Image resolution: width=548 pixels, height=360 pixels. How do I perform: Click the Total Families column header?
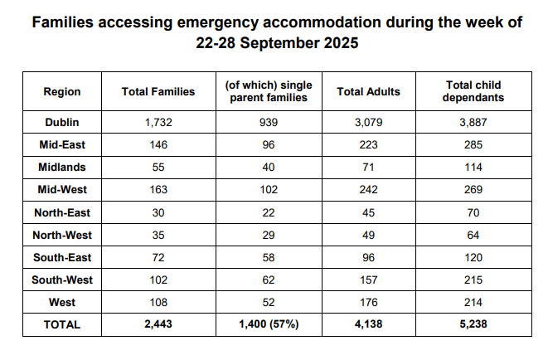(x=158, y=91)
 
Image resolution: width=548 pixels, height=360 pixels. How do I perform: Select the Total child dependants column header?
(x=473, y=91)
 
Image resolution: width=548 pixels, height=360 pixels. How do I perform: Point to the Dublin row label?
(x=62, y=122)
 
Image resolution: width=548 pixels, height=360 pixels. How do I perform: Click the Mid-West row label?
(x=62, y=189)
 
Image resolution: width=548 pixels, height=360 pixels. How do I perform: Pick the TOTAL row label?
(x=62, y=325)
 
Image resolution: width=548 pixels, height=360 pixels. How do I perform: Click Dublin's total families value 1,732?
(x=158, y=122)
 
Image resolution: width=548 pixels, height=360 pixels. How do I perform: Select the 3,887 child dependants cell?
(x=473, y=122)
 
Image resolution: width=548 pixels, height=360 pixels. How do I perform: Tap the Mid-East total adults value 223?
(x=369, y=144)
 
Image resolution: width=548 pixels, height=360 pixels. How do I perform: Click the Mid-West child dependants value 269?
(x=473, y=189)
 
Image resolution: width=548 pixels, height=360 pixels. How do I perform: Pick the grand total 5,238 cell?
(x=473, y=325)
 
